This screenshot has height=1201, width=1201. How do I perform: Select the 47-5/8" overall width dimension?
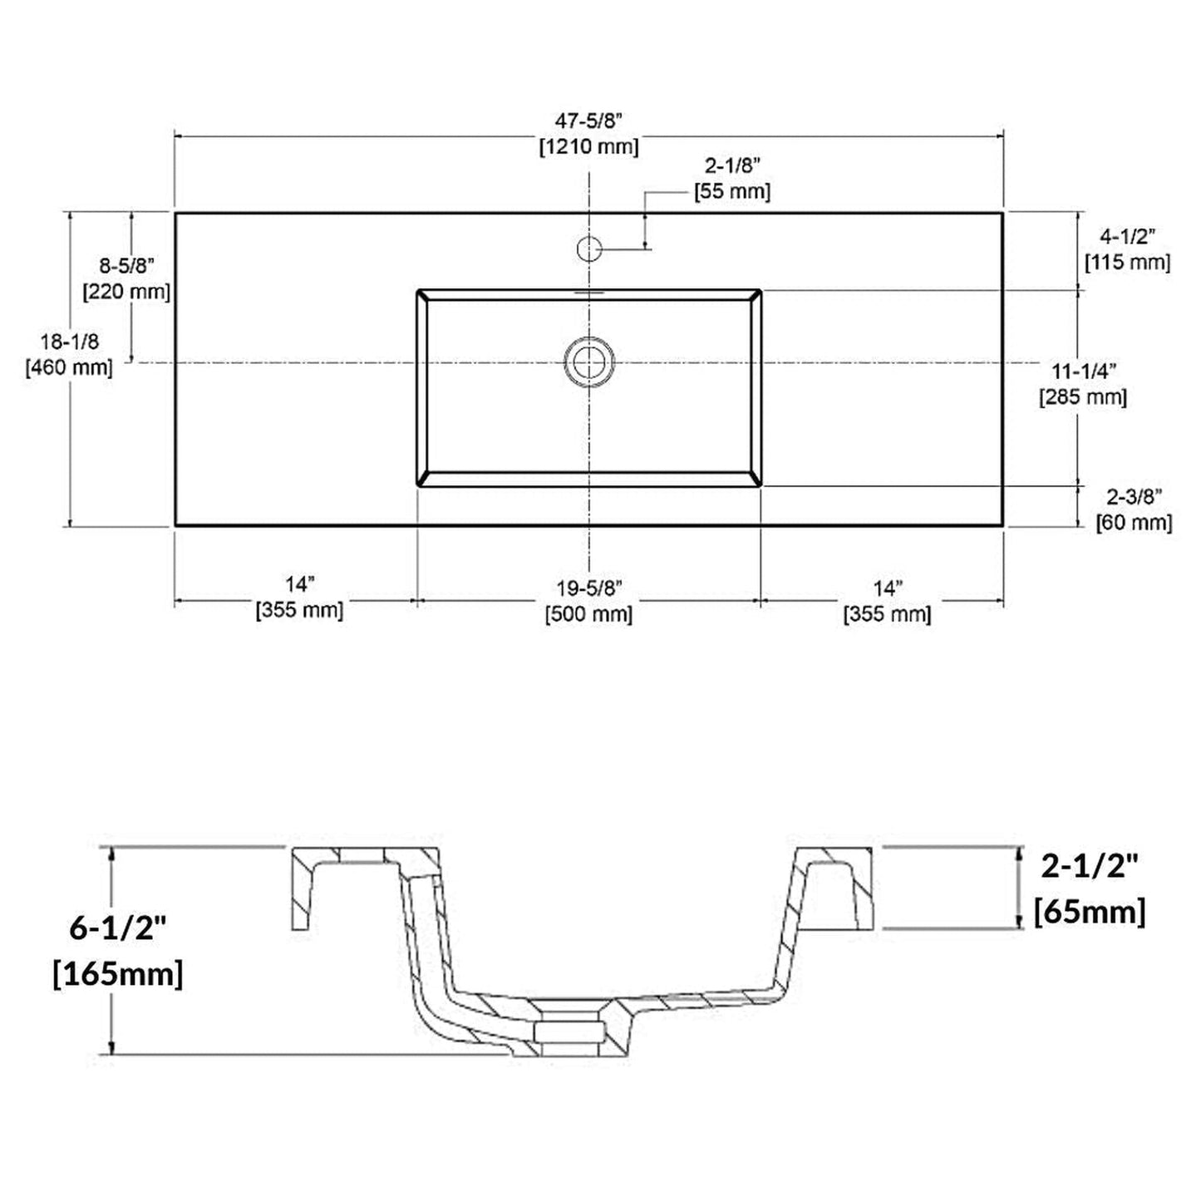click(x=589, y=120)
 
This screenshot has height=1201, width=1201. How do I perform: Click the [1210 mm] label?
click(x=589, y=147)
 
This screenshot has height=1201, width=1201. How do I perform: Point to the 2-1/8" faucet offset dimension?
click(x=733, y=165)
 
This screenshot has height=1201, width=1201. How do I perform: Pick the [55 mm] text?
click(x=732, y=190)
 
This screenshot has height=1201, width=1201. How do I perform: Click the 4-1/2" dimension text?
click(x=1128, y=237)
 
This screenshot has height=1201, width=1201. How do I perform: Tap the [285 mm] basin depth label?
click(x=1083, y=397)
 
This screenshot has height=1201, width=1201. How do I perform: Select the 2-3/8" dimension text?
click(x=1135, y=497)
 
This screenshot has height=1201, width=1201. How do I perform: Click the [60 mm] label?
click(x=1135, y=522)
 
